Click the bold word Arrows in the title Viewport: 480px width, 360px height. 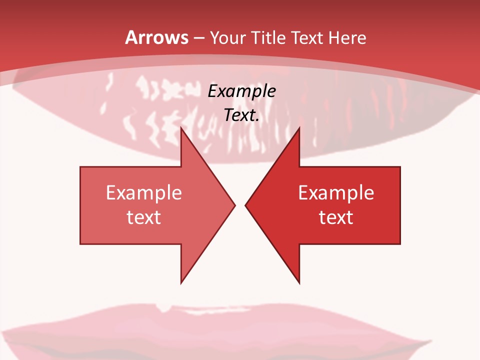tap(157, 37)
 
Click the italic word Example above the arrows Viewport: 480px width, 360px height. tap(242, 91)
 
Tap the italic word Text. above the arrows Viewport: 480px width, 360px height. tap(242, 115)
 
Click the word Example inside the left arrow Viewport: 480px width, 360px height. tap(144, 192)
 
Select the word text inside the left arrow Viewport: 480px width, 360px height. tap(144, 217)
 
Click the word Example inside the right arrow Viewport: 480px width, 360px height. tap(336, 192)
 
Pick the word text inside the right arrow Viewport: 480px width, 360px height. tap(336, 217)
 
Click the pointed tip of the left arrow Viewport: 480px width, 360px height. tap(235, 204)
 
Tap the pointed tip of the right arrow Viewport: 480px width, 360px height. tap(245, 204)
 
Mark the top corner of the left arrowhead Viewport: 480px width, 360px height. tap(181, 127)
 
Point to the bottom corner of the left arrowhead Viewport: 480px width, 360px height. tap(181, 283)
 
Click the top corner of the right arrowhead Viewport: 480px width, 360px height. tap(299, 127)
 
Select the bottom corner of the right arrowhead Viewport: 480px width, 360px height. tap(299, 283)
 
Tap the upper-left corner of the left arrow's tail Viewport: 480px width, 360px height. tap(80, 167)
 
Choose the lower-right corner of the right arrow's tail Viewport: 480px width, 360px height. tap(400, 243)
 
